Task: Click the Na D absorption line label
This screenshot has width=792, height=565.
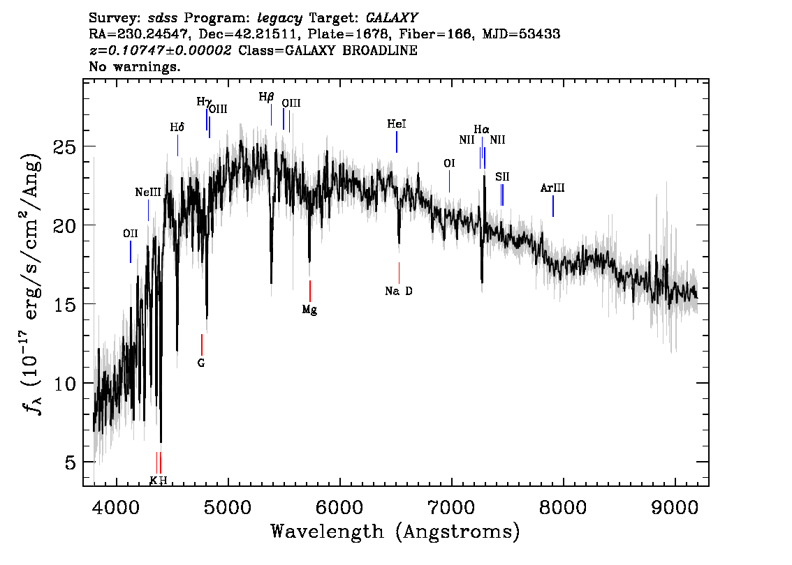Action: pos(399,291)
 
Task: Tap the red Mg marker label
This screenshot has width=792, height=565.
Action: pos(309,310)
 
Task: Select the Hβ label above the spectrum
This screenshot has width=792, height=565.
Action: pos(266,97)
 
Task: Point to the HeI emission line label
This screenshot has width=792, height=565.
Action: pos(396,124)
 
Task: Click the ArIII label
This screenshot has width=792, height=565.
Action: pos(552,188)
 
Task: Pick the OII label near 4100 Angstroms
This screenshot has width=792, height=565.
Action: pos(130,234)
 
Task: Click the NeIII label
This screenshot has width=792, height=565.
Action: pos(148,192)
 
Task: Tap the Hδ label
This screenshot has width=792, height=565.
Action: pos(177,128)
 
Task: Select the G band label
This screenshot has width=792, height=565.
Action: pos(201,363)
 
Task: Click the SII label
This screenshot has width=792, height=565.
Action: pos(502,177)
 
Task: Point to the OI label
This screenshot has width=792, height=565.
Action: pos(449,163)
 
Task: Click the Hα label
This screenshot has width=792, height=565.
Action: pos(481,130)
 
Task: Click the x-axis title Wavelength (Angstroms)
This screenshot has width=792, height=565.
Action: pos(395,532)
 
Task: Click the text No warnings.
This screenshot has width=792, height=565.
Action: pos(135,68)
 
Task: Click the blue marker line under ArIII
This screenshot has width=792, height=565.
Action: pos(552,206)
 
